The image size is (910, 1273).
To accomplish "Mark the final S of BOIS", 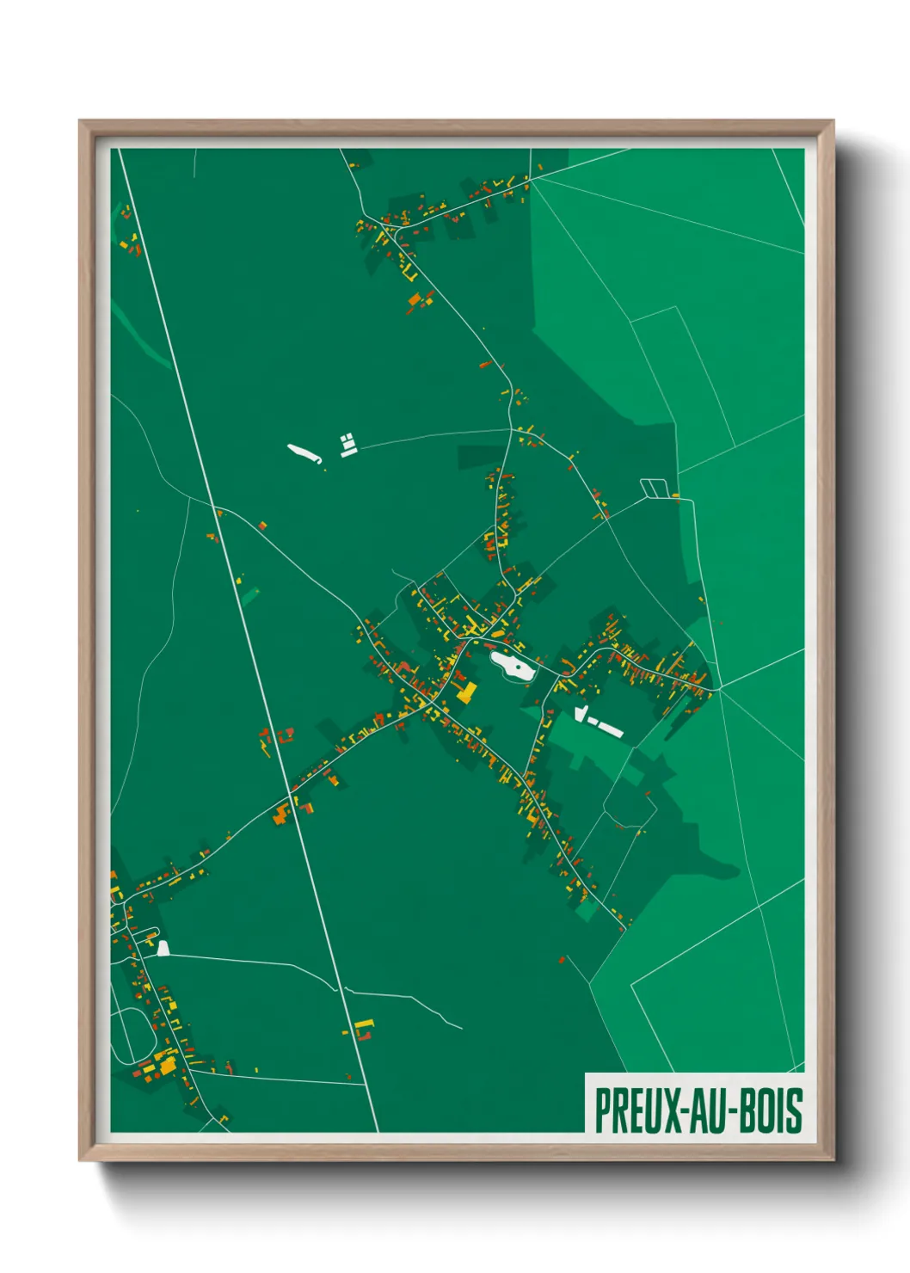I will [796, 1110].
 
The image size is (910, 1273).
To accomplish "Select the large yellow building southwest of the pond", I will [467, 693].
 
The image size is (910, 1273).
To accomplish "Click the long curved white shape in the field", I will [303, 453].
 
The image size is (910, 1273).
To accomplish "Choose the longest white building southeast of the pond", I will [611, 729].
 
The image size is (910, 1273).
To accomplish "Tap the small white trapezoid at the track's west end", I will [163, 949].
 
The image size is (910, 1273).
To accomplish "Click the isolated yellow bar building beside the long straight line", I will [364, 1024].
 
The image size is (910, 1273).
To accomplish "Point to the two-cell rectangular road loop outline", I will [654, 488].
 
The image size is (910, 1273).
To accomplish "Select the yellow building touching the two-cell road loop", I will [675, 495].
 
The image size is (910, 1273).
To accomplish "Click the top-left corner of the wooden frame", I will [81, 122].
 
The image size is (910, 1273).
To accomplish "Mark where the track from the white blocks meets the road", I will [511, 429].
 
